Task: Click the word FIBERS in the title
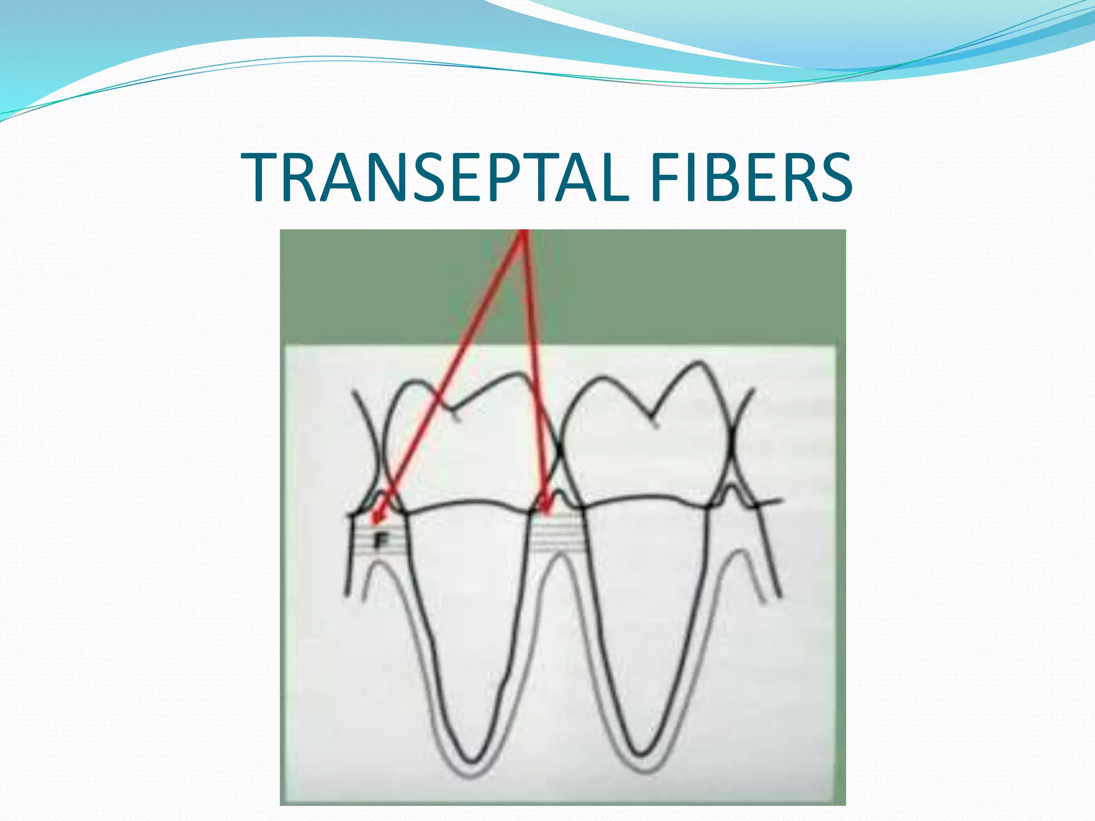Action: (x=751, y=177)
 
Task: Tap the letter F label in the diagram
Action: (x=381, y=541)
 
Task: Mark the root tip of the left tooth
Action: (x=472, y=760)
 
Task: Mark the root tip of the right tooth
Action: (x=640, y=755)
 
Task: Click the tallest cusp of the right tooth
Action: (x=698, y=363)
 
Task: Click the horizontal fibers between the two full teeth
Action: (x=556, y=535)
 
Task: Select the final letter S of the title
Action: (x=832, y=177)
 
